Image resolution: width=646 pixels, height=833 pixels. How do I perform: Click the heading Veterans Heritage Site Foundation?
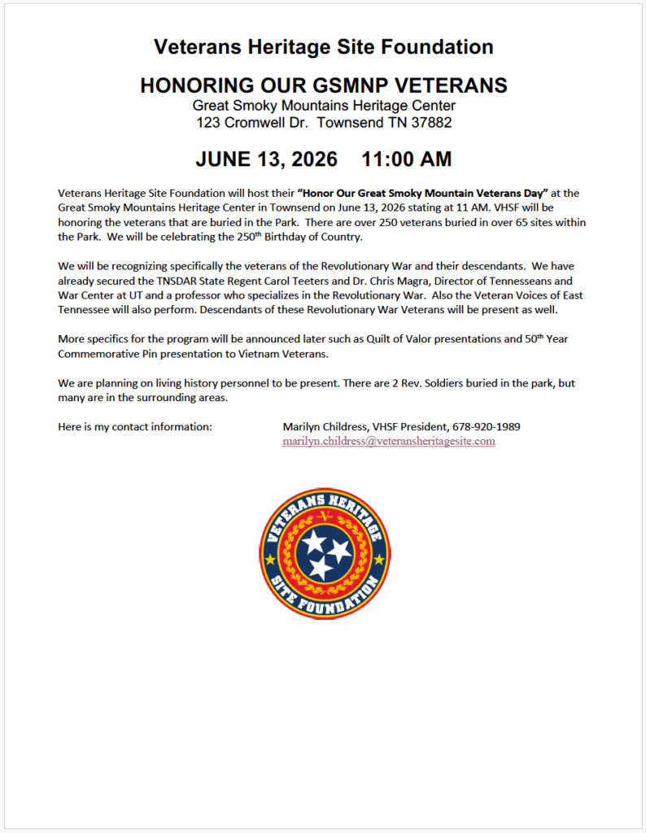point(323,47)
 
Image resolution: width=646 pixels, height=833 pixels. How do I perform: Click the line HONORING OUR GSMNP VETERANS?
point(323,85)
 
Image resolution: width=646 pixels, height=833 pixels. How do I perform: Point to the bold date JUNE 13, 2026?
point(266,159)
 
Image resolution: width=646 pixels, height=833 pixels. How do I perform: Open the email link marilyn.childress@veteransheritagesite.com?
point(389,441)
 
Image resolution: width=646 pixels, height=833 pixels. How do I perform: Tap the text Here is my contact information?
point(135,426)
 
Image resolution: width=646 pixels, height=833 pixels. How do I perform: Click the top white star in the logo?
point(313,540)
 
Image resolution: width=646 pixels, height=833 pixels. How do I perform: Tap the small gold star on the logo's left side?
point(270,560)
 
